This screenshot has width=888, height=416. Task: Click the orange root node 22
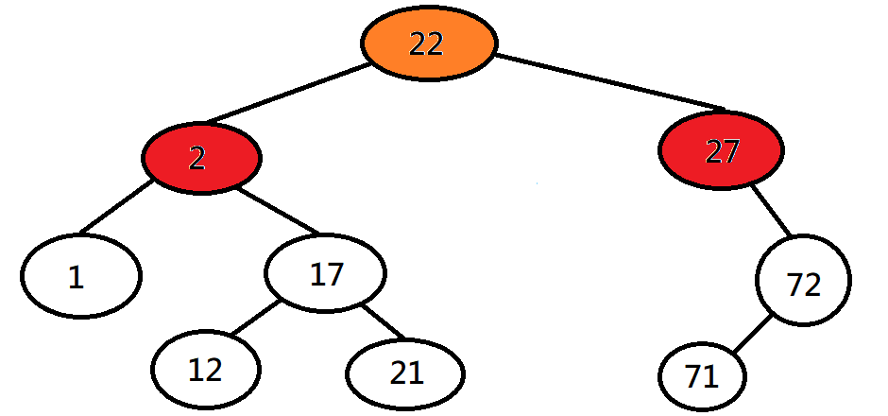click(428, 44)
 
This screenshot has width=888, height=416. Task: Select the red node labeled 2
click(201, 158)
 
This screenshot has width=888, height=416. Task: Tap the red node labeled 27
click(722, 151)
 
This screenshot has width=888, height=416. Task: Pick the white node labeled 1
click(80, 276)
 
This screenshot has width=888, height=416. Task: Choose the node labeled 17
click(326, 274)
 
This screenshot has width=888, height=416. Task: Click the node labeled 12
click(206, 370)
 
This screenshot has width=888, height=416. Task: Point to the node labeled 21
click(405, 373)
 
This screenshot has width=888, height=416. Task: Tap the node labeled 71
click(702, 377)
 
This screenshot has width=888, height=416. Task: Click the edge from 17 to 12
click(253, 320)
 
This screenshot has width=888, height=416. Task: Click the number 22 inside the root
click(427, 44)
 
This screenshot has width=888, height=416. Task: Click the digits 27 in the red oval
click(722, 151)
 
